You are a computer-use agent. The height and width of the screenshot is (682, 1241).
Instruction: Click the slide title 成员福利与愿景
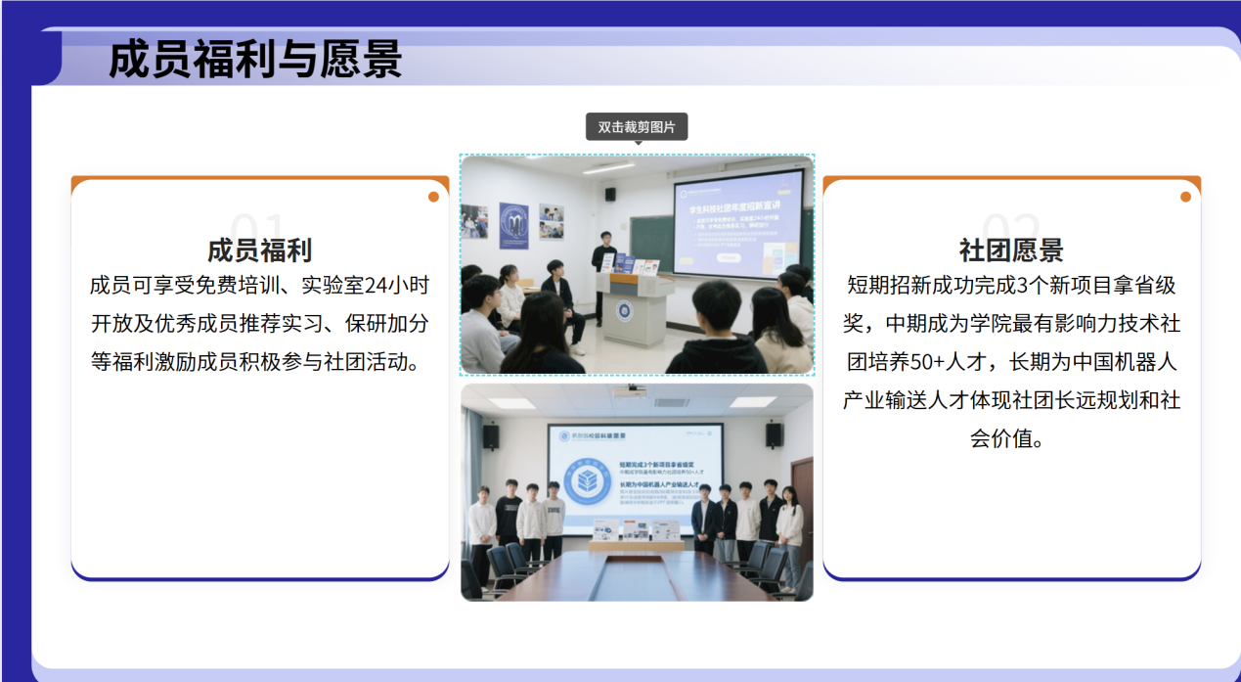pos(255,60)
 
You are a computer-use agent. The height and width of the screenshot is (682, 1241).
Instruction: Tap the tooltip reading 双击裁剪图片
pos(637,127)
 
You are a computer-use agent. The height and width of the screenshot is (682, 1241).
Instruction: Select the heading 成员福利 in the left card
pos(259,250)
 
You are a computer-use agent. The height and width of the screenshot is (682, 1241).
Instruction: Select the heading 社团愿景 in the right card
pos(1011,250)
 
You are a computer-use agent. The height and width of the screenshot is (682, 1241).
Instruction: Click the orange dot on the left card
pos(433,197)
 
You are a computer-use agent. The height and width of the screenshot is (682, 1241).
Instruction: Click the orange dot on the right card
pos(1185,197)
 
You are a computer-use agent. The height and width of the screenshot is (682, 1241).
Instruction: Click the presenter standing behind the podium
pos(603,256)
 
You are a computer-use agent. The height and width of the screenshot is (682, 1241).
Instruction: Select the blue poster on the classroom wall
pos(513,226)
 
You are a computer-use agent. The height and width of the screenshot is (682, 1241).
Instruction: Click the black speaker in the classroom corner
pos(610,194)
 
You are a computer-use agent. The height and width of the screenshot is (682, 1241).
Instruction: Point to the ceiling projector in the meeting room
pos(628,391)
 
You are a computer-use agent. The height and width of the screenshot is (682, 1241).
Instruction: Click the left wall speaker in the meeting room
pos(491,436)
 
